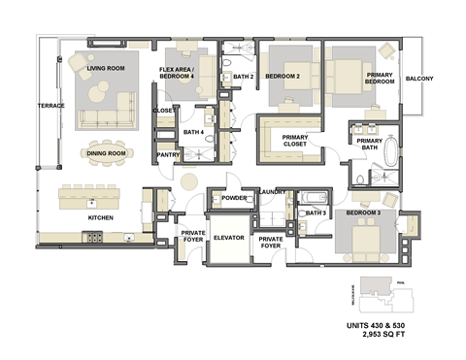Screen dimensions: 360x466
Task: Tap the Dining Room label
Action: (x=106, y=153)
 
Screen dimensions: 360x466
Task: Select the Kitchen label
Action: (x=101, y=217)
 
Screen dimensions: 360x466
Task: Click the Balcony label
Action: (x=419, y=79)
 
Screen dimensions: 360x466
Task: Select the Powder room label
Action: (x=234, y=198)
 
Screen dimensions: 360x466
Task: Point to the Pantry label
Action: (x=167, y=152)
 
